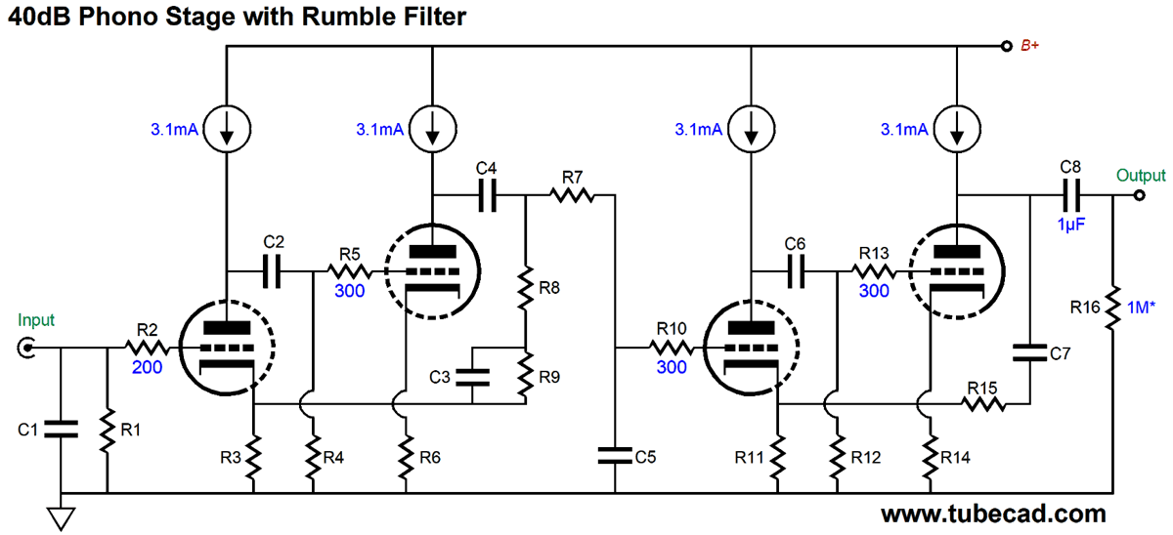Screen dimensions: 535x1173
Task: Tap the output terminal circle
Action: (1140, 195)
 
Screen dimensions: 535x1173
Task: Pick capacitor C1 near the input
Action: (62, 427)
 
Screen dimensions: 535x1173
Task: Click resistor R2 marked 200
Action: (146, 347)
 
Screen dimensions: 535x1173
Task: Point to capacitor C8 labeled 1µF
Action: (1070, 195)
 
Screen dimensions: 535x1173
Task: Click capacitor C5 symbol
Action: (615, 454)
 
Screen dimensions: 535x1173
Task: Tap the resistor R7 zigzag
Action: (572, 195)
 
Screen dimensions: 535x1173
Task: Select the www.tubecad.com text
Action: (993, 514)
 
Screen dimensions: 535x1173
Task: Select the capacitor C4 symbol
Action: (486, 195)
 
